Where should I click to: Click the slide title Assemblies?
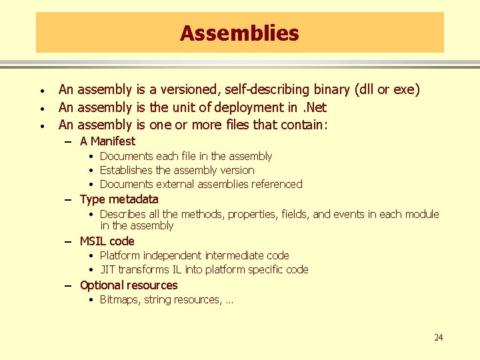coord(239,33)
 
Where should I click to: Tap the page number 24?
coord(438,337)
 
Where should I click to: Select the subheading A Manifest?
coord(107,141)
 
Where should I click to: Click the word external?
coord(176,184)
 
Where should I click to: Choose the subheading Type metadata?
coord(119,199)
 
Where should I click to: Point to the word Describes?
coord(121,214)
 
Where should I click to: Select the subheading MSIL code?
coord(107,241)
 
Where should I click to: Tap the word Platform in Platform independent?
coord(119,255)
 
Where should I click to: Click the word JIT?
coord(107,269)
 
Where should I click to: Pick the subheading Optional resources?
coord(128,285)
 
